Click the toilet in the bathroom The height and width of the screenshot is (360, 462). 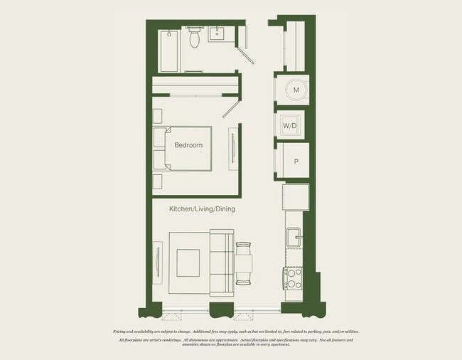pos(195,39)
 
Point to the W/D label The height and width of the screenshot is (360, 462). pos(290,126)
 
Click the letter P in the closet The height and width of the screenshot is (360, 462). pos(296,162)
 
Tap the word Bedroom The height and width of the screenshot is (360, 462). pos(188,145)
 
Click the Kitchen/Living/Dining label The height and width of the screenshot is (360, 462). pos(202,209)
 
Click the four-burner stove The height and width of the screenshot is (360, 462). pos(292,278)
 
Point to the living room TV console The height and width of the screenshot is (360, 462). pos(157,261)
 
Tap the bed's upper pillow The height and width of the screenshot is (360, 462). pos(161,137)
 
